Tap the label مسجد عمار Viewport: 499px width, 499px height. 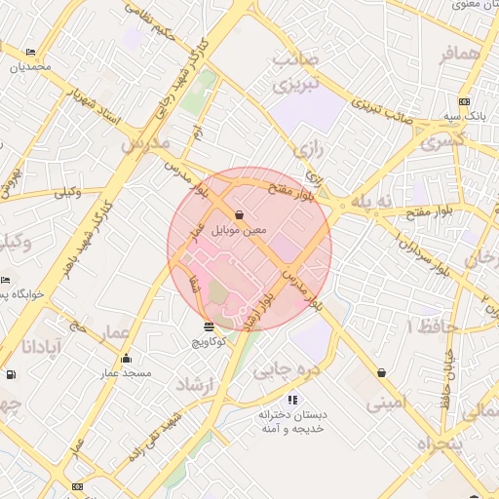pyautogui.click(x=125, y=373)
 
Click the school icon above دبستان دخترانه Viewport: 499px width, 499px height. pyautogui.click(x=292, y=399)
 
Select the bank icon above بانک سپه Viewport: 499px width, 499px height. pyautogui.click(x=463, y=101)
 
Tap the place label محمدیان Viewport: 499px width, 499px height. pyautogui.click(x=29, y=67)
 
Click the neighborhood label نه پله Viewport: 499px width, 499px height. pyautogui.click(x=370, y=201)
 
